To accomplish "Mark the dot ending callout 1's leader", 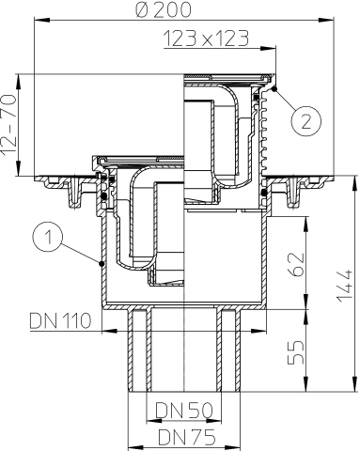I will (101, 265).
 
